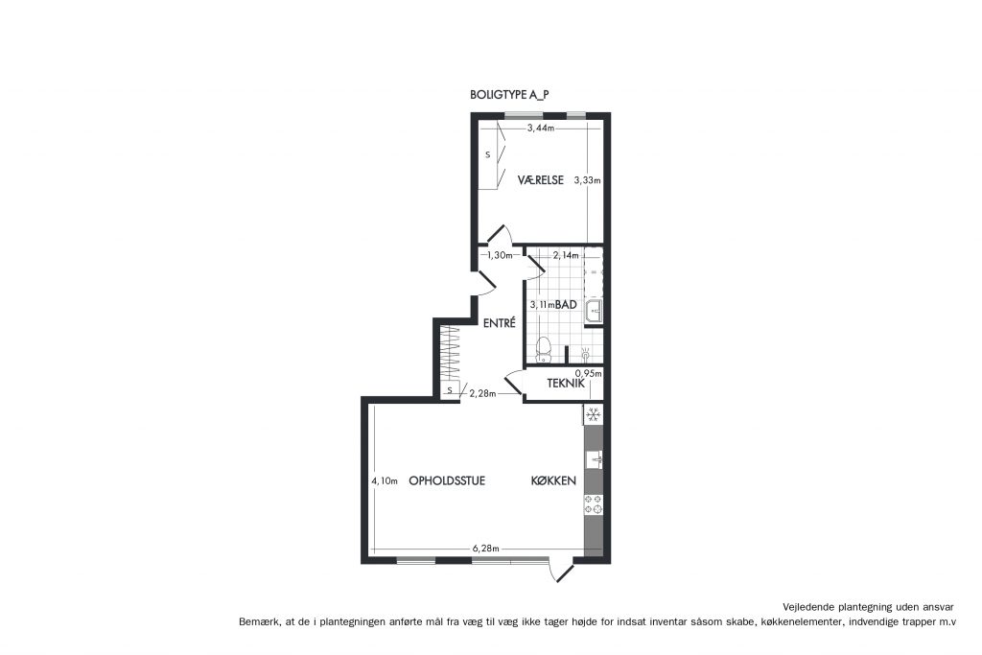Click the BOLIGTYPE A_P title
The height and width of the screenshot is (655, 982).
[509, 95]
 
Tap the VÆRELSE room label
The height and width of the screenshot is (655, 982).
[541, 180]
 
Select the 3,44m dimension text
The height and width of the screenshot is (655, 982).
[541, 128]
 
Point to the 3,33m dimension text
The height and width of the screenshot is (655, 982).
[588, 180]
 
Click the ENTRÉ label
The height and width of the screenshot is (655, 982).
[499, 323]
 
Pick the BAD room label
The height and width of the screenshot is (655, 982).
[566, 304]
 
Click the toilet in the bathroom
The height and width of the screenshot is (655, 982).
[544, 349]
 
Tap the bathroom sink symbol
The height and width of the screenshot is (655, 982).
[593, 310]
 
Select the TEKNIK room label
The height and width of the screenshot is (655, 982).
[566, 384]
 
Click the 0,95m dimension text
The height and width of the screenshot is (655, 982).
[588, 374]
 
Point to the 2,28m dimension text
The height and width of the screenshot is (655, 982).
[482, 393]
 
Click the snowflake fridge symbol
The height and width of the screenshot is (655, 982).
[593, 414]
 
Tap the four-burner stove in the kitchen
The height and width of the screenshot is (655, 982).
[593, 504]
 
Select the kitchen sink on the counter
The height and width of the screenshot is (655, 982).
[595, 459]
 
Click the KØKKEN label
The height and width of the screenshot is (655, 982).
[553, 480]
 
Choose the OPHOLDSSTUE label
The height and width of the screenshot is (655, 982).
[447, 480]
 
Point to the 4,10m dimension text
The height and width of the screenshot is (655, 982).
[384, 480]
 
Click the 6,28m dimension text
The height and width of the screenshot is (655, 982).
[485, 549]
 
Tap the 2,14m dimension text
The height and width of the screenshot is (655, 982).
[566, 255]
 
